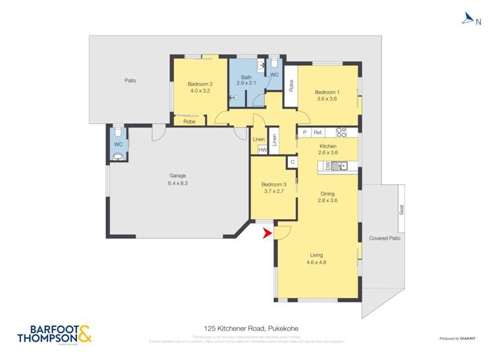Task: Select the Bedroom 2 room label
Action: point(199,87)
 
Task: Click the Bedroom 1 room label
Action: point(326,95)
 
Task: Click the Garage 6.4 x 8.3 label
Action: point(178,180)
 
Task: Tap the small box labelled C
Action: point(291,161)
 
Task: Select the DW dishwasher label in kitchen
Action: point(327,167)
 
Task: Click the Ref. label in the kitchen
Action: point(317,132)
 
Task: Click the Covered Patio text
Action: point(384,238)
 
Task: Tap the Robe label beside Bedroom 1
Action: point(290,84)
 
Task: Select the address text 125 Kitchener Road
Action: point(246,328)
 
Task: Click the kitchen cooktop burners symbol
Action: point(341,132)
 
